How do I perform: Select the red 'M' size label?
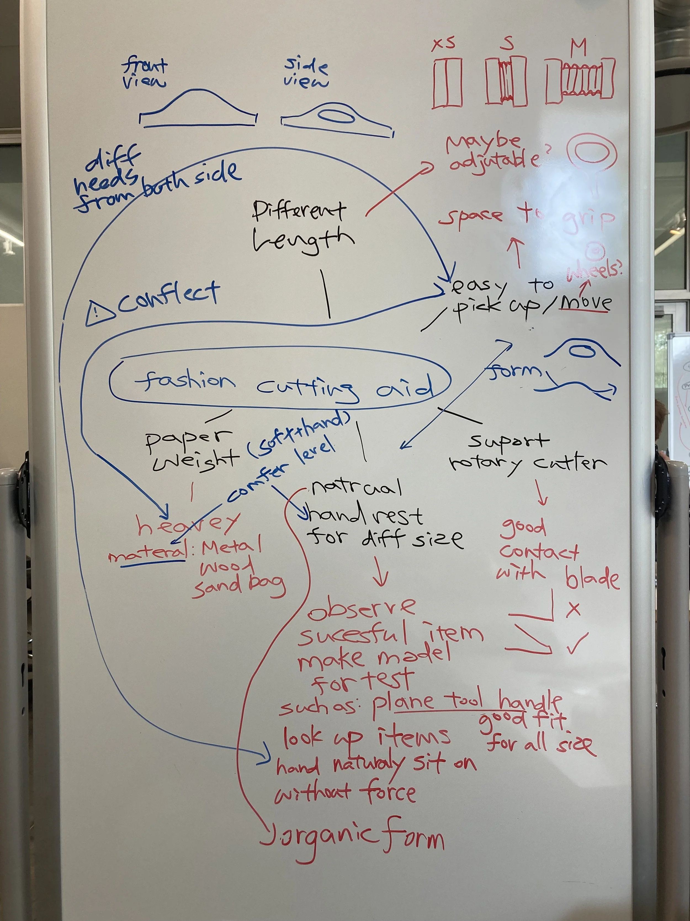[x=578, y=47]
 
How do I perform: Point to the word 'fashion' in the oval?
[x=184, y=381]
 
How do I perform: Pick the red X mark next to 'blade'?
[x=573, y=609]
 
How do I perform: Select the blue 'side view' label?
[x=306, y=73]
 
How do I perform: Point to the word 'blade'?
[x=592, y=578]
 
